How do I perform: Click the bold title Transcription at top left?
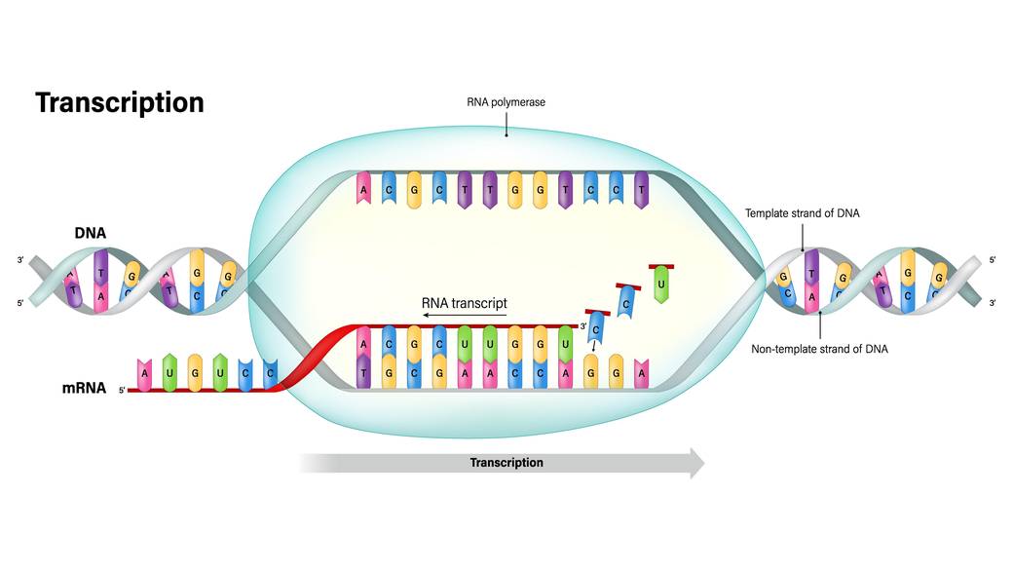[120, 103]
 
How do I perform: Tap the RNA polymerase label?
[505, 100]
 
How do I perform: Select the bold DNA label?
[91, 233]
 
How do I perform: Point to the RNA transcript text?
[465, 303]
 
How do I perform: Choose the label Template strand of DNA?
[804, 212]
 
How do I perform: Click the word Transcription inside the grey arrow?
[506, 463]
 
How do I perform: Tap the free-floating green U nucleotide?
[662, 285]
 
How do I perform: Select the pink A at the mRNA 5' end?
[145, 371]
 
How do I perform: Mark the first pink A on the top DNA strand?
[363, 190]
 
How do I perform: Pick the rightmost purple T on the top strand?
[641, 190]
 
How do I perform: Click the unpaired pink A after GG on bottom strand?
[641, 372]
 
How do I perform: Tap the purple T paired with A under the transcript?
[363, 372]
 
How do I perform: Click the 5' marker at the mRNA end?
[123, 391]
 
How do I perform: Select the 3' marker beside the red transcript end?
[583, 325]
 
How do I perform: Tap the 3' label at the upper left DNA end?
[19, 260]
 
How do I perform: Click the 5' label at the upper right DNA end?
[993, 260]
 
